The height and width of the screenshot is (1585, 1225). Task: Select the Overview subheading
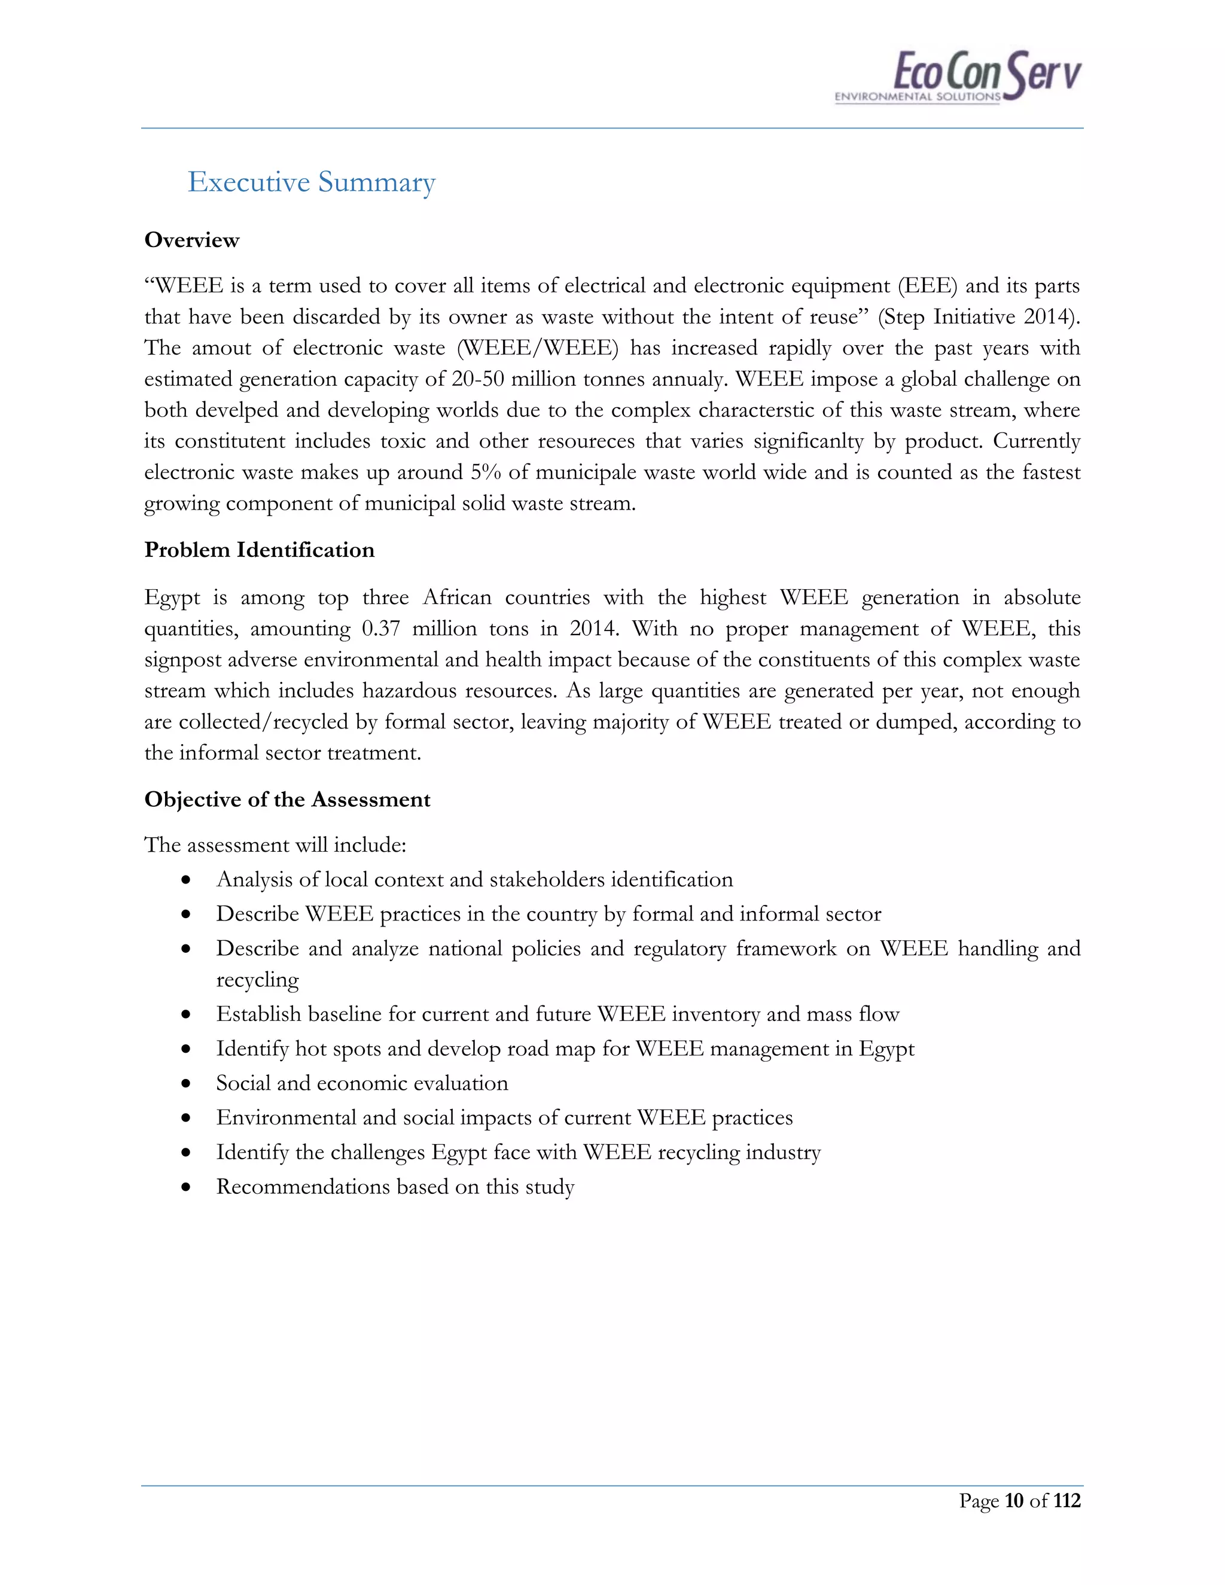coord(191,240)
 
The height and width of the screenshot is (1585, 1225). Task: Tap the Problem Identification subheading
coord(259,550)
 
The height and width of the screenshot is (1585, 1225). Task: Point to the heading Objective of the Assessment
coord(287,800)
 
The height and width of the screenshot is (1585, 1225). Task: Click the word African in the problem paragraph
coord(456,598)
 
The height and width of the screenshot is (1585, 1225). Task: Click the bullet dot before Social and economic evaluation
coord(187,1084)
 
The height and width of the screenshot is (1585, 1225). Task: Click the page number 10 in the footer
coord(1013,1501)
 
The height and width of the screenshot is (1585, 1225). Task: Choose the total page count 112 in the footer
coord(1067,1501)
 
